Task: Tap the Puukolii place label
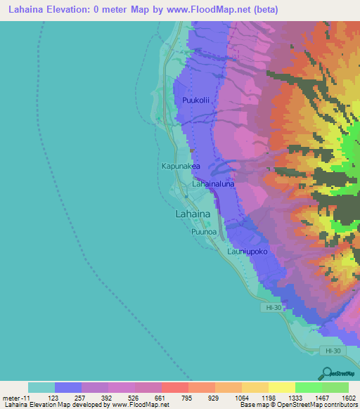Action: [x=196, y=101]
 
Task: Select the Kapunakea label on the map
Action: [x=181, y=167]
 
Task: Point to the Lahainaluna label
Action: [x=214, y=184]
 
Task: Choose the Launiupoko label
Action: [x=246, y=251]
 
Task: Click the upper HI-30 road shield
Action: [x=269, y=308]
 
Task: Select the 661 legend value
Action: [x=161, y=398]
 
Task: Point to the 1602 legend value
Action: [x=349, y=398]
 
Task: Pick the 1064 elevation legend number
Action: [x=241, y=398]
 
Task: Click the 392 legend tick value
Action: [x=108, y=398]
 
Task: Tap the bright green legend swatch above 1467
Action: [x=308, y=387]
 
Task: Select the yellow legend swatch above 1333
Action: [x=281, y=387]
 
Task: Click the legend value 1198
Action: [x=268, y=398]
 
